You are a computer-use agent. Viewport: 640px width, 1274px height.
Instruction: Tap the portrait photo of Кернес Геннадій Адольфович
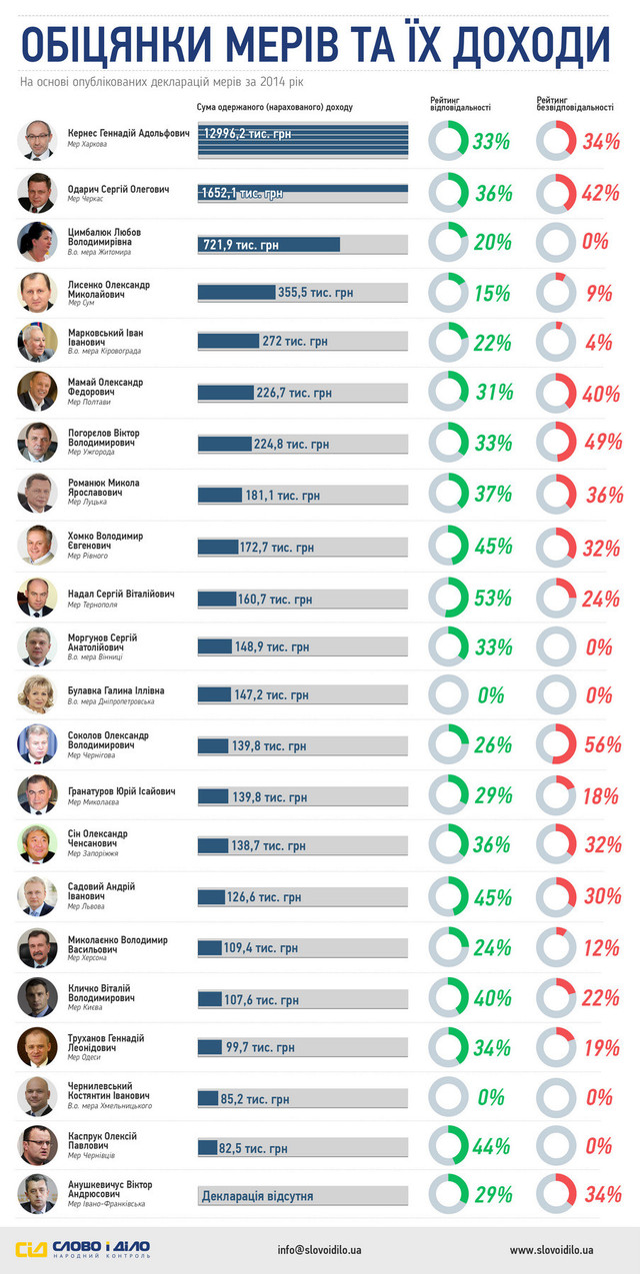click(36, 141)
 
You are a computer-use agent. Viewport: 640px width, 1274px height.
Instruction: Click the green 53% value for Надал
click(491, 599)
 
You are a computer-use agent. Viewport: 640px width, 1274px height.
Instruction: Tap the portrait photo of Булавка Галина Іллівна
click(36, 695)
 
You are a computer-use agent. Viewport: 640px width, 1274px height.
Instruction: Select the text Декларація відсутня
click(257, 1196)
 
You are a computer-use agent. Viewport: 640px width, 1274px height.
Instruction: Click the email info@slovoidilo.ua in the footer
click(320, 1249)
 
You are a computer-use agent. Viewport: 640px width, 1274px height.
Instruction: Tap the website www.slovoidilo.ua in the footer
click(552, 1249)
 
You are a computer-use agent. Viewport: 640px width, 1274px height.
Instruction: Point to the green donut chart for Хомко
click(448, 547)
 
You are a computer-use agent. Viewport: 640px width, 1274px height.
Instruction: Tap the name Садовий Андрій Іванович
click(101, 891)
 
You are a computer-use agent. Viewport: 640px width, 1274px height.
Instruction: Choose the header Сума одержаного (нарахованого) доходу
click(275, 106)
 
